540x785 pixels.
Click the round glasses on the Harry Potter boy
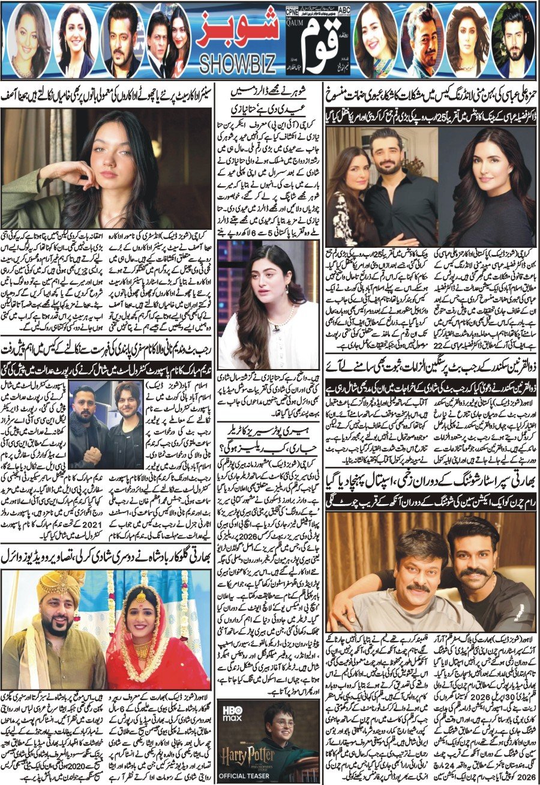(282, 724)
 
